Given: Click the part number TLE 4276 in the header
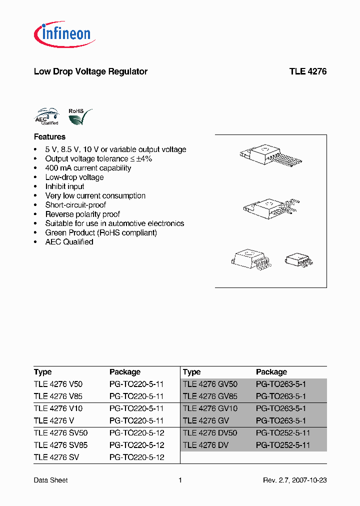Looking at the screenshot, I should coord(307,71).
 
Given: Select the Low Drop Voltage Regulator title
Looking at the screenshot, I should coord(90,71).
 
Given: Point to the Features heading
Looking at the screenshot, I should coord(49,136).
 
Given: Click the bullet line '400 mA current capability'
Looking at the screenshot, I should coord(88,168).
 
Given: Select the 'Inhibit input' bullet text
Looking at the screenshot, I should coord(64,186).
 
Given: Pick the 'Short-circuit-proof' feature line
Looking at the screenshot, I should coord(75,205).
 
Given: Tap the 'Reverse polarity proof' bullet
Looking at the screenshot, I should coord(82,214).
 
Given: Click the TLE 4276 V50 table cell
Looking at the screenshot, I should coord(58,384).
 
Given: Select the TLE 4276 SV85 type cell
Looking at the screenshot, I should coord(60,445).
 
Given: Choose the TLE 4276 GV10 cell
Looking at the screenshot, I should coord(210,408).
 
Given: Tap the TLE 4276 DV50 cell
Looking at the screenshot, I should coord(210,433).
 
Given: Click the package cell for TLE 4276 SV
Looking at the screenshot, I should coord(136,457).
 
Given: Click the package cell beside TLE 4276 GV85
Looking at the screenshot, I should coord(280,396).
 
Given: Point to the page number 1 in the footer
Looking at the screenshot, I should coord(180,480).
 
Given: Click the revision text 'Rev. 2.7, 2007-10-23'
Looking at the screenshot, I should coord(294,480).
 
